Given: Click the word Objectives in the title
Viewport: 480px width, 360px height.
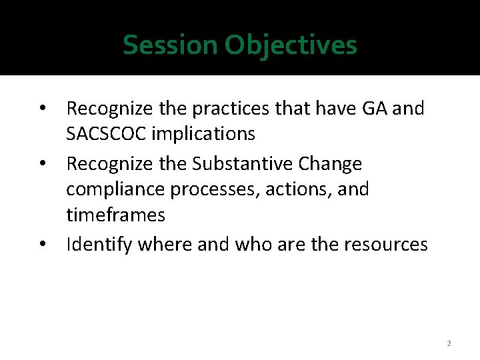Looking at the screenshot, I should point(291,45).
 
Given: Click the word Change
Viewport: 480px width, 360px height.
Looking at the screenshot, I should point(331,163).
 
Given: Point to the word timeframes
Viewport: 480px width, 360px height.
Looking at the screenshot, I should point(115,215).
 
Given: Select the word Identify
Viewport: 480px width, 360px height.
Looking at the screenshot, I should point(99,245).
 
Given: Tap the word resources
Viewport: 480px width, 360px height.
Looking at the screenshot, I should point(386,245).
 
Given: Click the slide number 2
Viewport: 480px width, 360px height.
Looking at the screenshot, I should point(449,343).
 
